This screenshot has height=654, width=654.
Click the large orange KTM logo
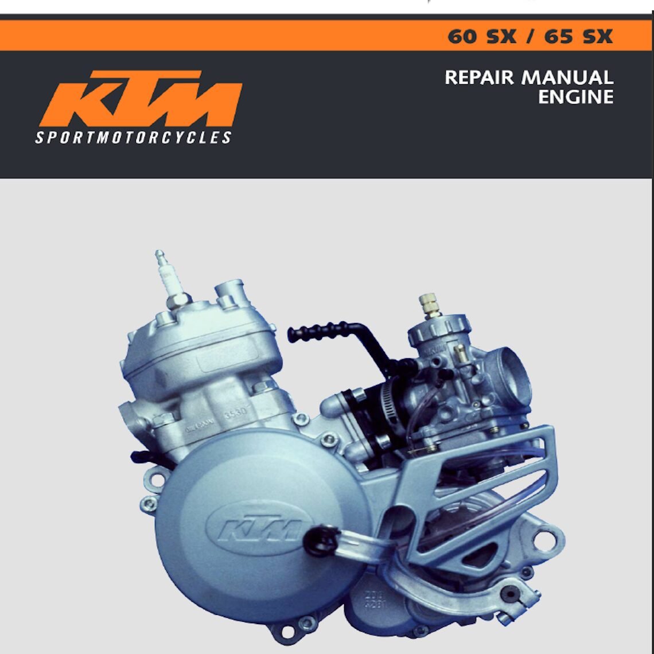click(x=141, y=99)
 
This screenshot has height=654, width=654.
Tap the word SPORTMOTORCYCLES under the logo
click(x=133, y=138)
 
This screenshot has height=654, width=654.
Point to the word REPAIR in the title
click(x=479, y=77)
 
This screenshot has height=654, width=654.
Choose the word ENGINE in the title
click(x=575, y=97)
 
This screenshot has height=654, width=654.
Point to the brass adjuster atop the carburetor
click(x=428, y=304)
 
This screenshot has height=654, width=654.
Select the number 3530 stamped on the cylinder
click(x=235, y=413)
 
